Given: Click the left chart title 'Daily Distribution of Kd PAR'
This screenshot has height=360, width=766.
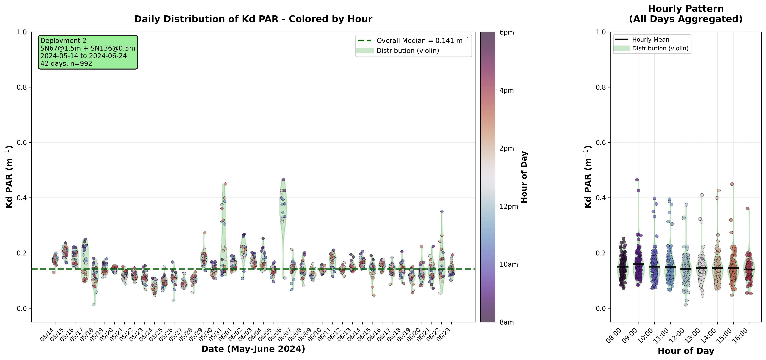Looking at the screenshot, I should point(253,19).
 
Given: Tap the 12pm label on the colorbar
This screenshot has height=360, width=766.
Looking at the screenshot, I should point(508,206).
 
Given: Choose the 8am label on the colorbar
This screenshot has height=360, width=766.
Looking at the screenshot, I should point(507,322).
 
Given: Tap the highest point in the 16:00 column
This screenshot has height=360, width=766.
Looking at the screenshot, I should point(747,208).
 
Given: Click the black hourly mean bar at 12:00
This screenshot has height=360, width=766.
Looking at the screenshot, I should point(686,269).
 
